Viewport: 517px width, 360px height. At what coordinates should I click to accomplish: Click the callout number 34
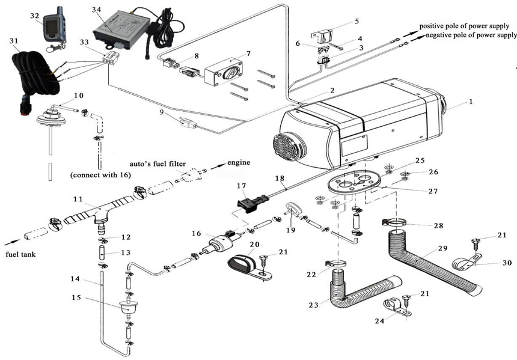tap(96, 10)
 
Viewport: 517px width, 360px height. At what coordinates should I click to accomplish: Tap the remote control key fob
tap(54, 29)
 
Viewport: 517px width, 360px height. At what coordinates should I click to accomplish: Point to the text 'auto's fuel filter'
tap(158, 164)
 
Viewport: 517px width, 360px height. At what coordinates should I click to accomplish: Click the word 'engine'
tap(239, 162)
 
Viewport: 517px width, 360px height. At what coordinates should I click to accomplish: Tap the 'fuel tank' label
tap(20, 254)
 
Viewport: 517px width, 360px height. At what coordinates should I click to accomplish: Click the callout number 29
tap(442, 248)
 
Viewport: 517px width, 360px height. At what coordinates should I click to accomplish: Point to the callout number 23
tap(313, 305)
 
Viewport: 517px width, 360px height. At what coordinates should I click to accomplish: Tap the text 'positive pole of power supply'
tap(464, 26)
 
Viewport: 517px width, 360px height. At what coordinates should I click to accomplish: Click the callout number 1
tap(471, 102)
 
